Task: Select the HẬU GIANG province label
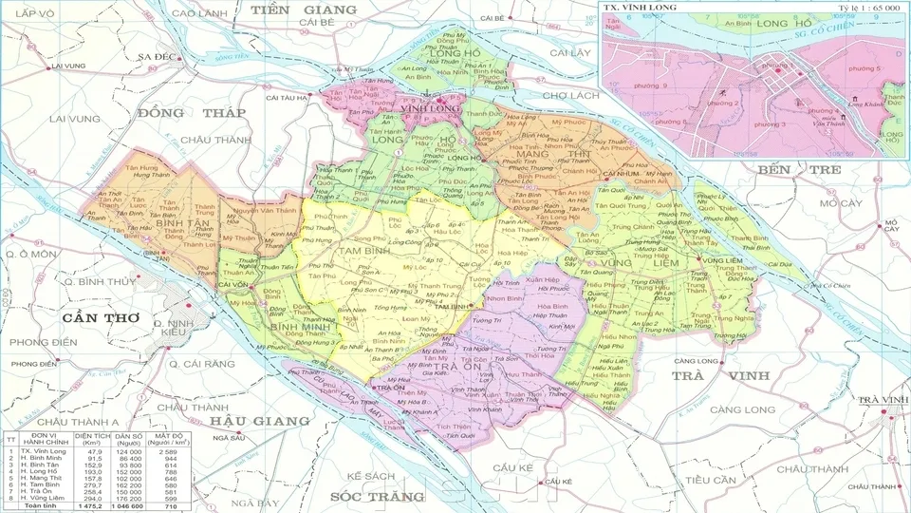pyautogui.click(x=261, y=420)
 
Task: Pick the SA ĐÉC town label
pyautogui.click(x=158, y=57)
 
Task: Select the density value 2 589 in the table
pyautogui.click(x=170, y=451)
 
